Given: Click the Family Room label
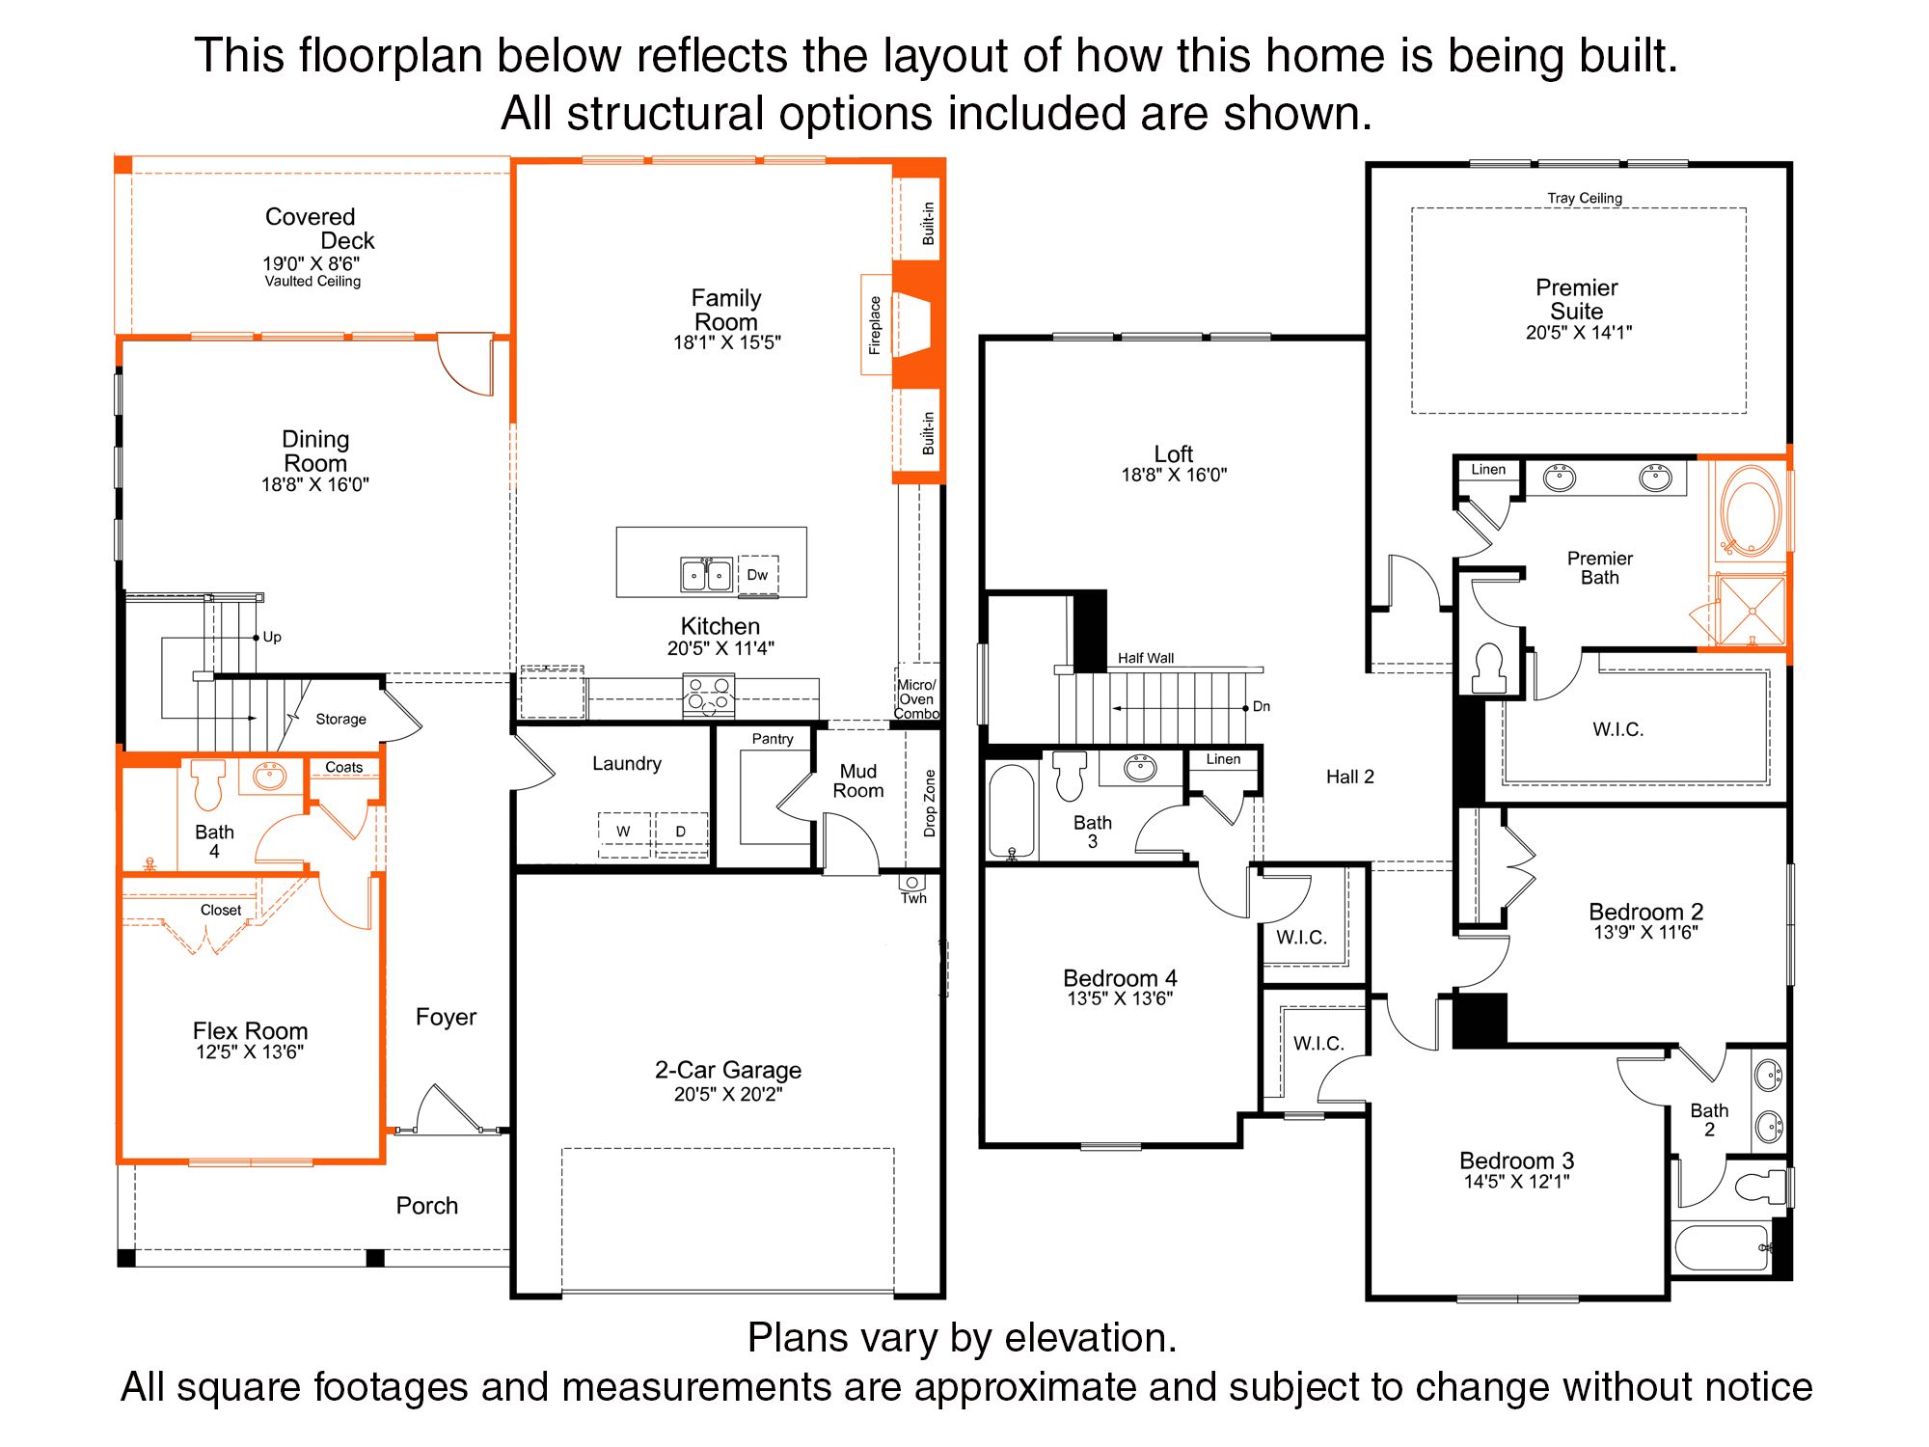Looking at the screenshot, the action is (726, 310).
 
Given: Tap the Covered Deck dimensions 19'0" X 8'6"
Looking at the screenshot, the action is (311, 263).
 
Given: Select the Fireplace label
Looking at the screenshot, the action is (875, 325).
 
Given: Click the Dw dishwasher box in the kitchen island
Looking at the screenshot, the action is (758, 575).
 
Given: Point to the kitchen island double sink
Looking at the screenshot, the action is (706, 574).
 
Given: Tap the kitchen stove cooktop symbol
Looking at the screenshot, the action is (709, 696).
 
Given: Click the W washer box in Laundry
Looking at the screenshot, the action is (623, 832).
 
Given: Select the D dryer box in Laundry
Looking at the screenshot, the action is (681, 832).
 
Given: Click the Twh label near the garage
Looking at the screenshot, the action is (913, 898).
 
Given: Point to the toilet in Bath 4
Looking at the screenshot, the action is (208, 784).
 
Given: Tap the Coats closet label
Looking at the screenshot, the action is (344, 768).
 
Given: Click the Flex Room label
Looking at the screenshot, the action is (250, 1030).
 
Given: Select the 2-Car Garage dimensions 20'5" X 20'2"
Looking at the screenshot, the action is (728, 1094).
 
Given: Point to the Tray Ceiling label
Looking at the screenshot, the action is (1585, 199).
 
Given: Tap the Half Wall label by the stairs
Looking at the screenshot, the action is (1146, 658).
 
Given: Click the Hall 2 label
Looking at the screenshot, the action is (1349, 777).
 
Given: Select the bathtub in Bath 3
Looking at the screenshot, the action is (1012, 810).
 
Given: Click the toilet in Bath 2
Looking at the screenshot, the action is (1760, 1186).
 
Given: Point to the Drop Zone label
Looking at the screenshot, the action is (930, 803).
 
